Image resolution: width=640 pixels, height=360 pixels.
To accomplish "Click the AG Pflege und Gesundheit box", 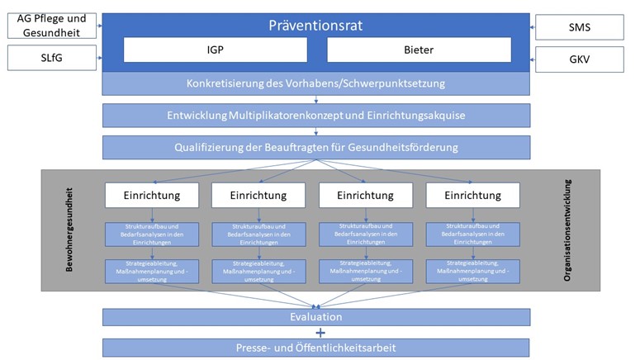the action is click(x=52, y=26).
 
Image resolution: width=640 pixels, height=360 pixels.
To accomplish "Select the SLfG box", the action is click(x=52, y=58).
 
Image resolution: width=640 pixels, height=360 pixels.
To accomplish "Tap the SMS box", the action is click(x=580, y=27).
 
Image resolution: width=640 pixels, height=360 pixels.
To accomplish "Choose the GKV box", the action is click(x=580, y=59).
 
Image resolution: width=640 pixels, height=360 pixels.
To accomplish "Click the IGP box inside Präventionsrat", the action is click(x=216, y=50).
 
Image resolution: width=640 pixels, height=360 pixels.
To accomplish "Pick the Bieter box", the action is click(x=420, y=50).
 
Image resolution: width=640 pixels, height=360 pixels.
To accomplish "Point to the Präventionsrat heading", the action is click(x=315, y=26).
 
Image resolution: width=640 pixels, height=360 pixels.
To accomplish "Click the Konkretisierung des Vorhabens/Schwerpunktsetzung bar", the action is click(x=316, y=83).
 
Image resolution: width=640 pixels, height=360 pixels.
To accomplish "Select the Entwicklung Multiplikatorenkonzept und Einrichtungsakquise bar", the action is click(x=316, y=116).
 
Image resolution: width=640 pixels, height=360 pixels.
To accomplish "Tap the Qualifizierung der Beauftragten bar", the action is click(x=316, y=147).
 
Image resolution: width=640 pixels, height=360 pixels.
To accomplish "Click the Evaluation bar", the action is click(x=316, y=317).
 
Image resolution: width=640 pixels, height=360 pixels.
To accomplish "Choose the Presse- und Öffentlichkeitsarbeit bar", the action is click(x=316, y=348).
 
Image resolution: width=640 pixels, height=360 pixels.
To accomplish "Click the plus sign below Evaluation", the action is click(x=320, y=333).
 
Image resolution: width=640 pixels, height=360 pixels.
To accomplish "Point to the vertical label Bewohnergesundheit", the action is click(x=69, y=230).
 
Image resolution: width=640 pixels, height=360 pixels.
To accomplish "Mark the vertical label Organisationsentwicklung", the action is click(x=567, y=230).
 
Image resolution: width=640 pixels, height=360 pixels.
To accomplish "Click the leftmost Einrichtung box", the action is click(x=152, y=195).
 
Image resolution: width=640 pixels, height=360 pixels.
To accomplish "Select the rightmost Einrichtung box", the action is click(x=473, y=195).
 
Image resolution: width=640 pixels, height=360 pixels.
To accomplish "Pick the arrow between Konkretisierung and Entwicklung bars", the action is click(x=316, y=100).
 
